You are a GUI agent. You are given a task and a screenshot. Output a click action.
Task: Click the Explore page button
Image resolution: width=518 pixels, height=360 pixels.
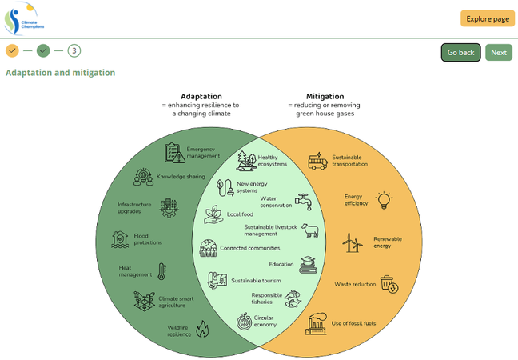(487, 18)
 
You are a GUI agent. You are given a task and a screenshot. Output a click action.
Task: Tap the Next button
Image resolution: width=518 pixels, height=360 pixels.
(498, 53)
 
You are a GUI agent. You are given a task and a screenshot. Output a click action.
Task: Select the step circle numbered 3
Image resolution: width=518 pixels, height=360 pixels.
(74, 50)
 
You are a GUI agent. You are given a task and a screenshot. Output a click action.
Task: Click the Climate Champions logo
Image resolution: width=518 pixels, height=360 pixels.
(23, 19)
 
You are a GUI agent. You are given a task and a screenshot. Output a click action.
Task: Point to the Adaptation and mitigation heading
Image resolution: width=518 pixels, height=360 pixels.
(60, 73)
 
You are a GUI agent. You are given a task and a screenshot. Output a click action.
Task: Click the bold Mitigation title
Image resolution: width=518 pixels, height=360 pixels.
(325, 96)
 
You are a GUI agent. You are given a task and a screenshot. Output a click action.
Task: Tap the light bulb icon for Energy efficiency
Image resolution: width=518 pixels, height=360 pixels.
(385, 199)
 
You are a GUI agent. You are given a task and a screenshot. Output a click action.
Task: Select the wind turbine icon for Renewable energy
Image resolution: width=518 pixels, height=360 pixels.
(353, 242)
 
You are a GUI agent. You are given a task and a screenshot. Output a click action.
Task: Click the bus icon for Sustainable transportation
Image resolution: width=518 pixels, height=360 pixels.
(317, 161)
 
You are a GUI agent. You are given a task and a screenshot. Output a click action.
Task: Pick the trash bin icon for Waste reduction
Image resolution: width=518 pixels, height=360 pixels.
(388, 283)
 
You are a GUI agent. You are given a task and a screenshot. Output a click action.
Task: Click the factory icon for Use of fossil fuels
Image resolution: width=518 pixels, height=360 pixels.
(316, 323)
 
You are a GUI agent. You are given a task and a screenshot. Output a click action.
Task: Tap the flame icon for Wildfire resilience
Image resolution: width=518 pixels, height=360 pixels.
(202, 328)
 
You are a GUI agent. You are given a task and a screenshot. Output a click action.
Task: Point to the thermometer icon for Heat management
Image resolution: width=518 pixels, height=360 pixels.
(161, 272)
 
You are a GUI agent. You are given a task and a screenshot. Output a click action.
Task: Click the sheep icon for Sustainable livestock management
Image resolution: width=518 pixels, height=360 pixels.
(310, 230)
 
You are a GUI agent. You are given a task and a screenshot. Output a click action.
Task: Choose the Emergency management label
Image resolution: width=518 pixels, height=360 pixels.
(203, 152)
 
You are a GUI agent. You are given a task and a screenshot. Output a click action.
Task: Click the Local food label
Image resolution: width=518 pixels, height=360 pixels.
(240, 214)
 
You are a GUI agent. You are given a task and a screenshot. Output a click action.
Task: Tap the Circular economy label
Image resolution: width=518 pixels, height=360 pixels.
(265, 321)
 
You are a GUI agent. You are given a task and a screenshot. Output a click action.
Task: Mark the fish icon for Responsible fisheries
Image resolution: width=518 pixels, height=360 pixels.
(293, 298)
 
